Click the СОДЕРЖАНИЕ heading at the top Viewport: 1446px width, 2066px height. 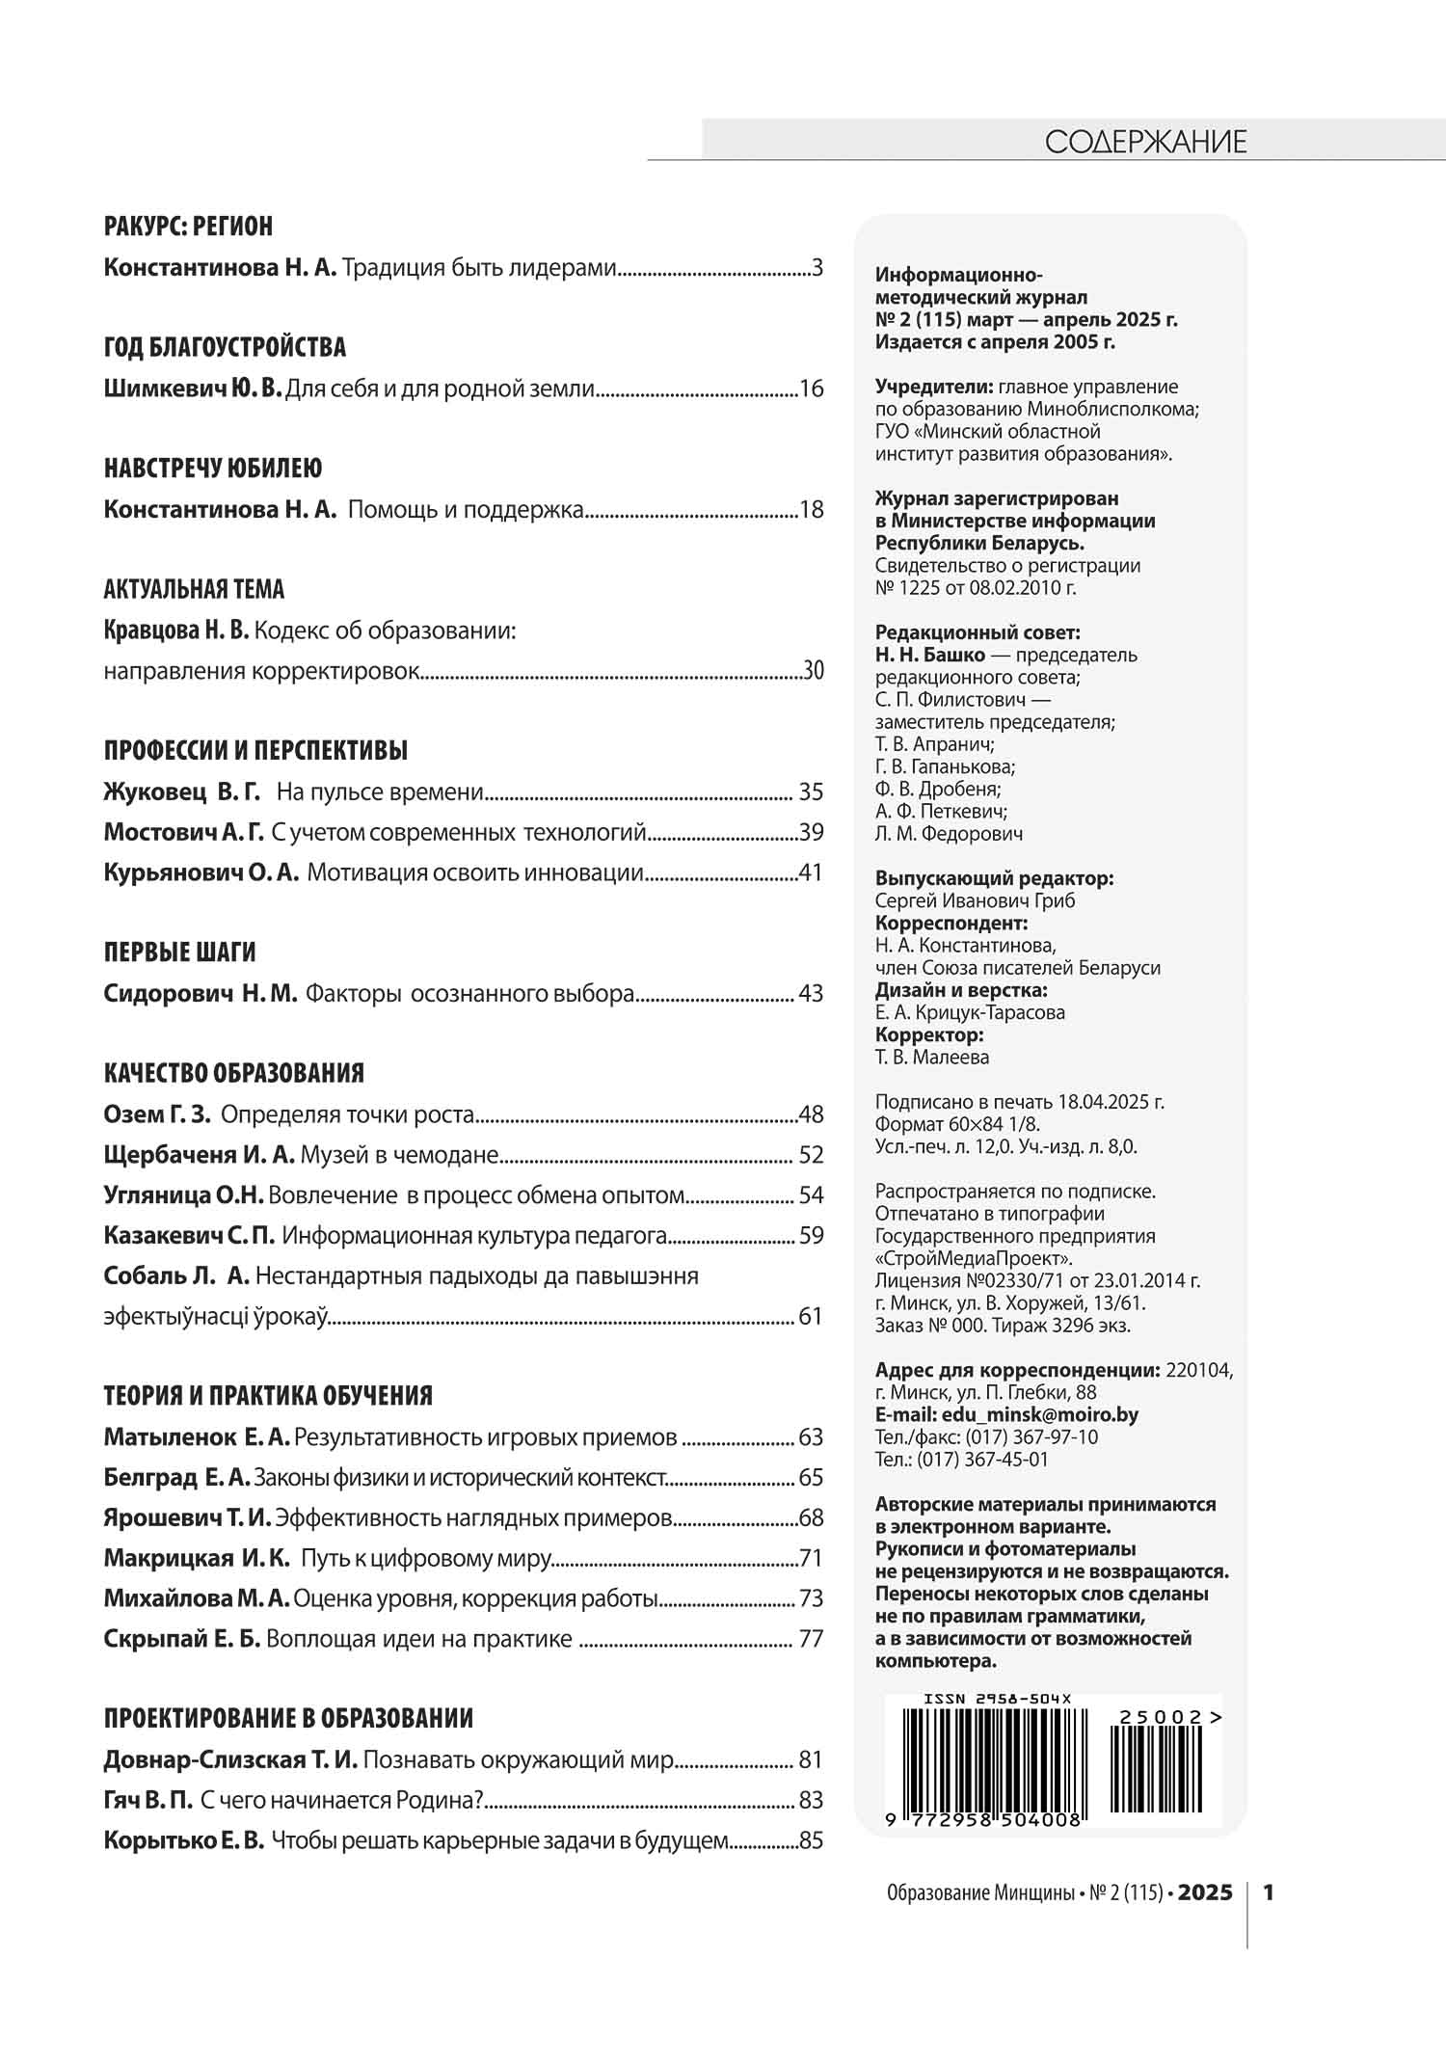click(1145, 143)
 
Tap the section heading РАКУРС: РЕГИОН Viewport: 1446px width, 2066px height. click(188, 227)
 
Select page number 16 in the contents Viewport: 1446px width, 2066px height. click(812, 389)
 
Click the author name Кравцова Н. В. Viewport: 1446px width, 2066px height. click(175, 631)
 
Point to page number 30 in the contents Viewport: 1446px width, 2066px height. click(814, 671)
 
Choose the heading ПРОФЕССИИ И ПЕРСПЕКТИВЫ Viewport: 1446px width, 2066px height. click(255, 750)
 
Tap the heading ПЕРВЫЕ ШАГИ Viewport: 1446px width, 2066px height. click(179, 953)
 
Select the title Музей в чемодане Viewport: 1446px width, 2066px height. click(399, 1155)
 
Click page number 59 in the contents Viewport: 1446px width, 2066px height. click(812, 1236)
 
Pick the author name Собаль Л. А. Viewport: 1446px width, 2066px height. click(176, 1276)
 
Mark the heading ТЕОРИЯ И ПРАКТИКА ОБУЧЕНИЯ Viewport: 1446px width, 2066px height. click(268, 1396)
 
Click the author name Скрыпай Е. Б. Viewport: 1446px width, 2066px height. click(182, 1639)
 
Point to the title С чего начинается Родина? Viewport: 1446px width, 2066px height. click(341, 1800)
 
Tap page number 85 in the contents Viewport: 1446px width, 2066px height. click(812, 1840)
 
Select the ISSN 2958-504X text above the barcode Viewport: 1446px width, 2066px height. click(997, 1700)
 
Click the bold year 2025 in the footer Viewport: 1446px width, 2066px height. click(1205, 1892)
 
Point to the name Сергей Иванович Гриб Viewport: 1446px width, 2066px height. click(975, 900)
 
